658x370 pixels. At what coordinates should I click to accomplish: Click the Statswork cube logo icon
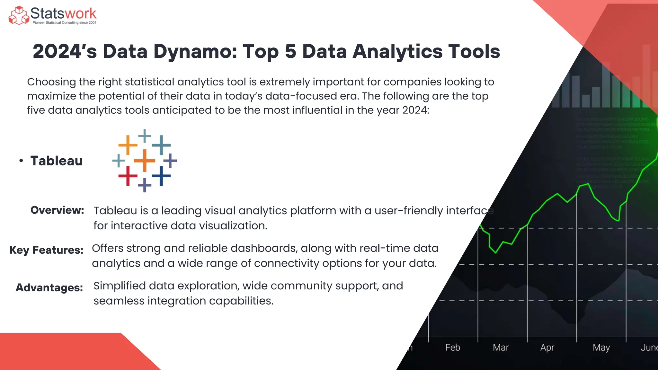(x=19, y=15)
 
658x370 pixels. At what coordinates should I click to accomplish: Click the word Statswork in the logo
(x=63, y=13)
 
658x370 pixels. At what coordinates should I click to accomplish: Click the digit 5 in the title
(x=290, y=51)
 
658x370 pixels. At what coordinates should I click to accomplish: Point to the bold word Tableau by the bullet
(x=57, y=161)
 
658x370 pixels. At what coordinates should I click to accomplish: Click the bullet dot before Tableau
(x=21, y=161)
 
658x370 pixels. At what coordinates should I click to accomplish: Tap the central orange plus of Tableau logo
(x=145, y=160)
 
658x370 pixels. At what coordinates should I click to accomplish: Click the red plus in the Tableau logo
(x=128, y=176)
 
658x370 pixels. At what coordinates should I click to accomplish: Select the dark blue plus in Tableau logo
(x=161, y=176)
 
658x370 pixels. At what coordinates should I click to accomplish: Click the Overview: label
(x=57, y=210)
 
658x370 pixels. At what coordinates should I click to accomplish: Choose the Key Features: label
(x=46, y=250)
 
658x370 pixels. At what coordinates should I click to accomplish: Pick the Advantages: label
(x=49, y=287)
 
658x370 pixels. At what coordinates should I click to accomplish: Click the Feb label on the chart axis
(x=452, y=348)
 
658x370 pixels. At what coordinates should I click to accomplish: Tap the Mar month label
(x=501, y=348)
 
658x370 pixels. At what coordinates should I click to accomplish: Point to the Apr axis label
(x=547, y=348)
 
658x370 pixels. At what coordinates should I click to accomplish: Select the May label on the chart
(x=601, y=348)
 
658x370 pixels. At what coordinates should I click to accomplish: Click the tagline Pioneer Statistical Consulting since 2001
(x=64, y=23)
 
